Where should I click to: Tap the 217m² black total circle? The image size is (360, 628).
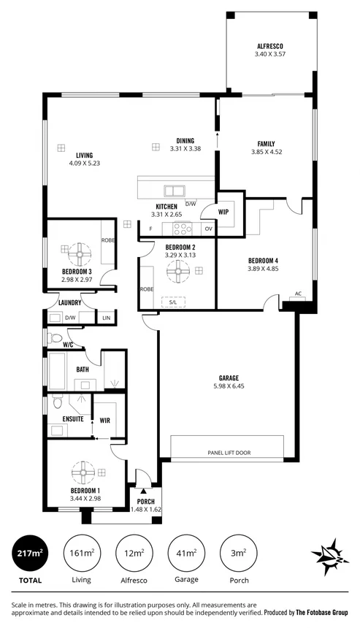(x=29, y=555)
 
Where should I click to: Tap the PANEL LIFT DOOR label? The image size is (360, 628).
(x=228, y=453)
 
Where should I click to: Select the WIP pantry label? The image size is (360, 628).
(x=225, y=211)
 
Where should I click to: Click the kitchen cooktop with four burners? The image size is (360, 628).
(x=183, y=227)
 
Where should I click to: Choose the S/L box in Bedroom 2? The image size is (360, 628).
(x=173, y=301)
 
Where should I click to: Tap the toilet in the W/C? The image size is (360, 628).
(x=53, y=337)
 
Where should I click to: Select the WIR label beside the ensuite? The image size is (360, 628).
(x=104, y=420)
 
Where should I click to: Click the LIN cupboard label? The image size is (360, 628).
(x=106, y=318)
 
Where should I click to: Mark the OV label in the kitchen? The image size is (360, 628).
(x=208, y=229)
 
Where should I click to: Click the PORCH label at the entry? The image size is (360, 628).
(x=145, y=502)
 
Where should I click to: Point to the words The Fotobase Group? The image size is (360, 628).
(x=322, y=612)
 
